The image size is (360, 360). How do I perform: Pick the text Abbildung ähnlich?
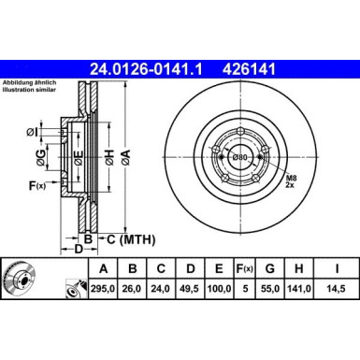tap(26, 81)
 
